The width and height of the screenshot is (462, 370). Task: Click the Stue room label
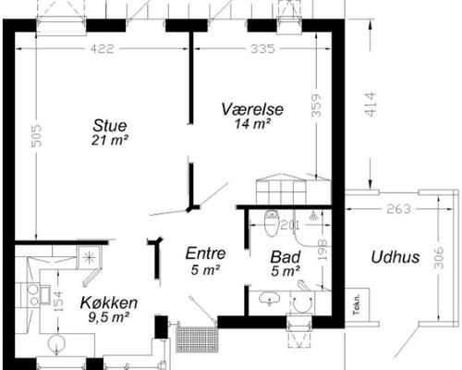(110, 126)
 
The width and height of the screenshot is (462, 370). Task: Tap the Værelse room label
(252, 109)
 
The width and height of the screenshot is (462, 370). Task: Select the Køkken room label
(109, 302)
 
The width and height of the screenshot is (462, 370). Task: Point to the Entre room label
(205, 253)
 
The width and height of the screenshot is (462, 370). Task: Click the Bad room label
(286, 257)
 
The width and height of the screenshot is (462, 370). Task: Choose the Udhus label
(395, 257)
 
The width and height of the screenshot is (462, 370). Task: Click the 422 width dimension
(102, 49)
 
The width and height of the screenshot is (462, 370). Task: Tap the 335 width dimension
(262, 49)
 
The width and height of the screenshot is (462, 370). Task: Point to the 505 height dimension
(37, 136)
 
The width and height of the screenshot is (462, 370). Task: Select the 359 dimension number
(316, 105)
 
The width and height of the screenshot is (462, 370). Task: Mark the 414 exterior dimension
(370, 105)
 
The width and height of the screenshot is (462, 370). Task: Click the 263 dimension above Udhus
(399, 209)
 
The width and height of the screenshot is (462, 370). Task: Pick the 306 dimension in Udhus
(439, 257)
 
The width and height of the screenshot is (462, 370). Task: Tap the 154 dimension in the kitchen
(58, 301)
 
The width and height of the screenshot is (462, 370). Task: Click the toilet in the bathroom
(272, 223)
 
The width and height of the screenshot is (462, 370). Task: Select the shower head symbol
(313, 216)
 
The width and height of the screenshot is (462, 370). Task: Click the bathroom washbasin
(270, 298)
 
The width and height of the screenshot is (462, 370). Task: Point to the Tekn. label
(357, 304)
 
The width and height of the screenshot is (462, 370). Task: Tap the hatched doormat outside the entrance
(197, 339)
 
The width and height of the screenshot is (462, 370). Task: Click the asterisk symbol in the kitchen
(89, 257)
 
